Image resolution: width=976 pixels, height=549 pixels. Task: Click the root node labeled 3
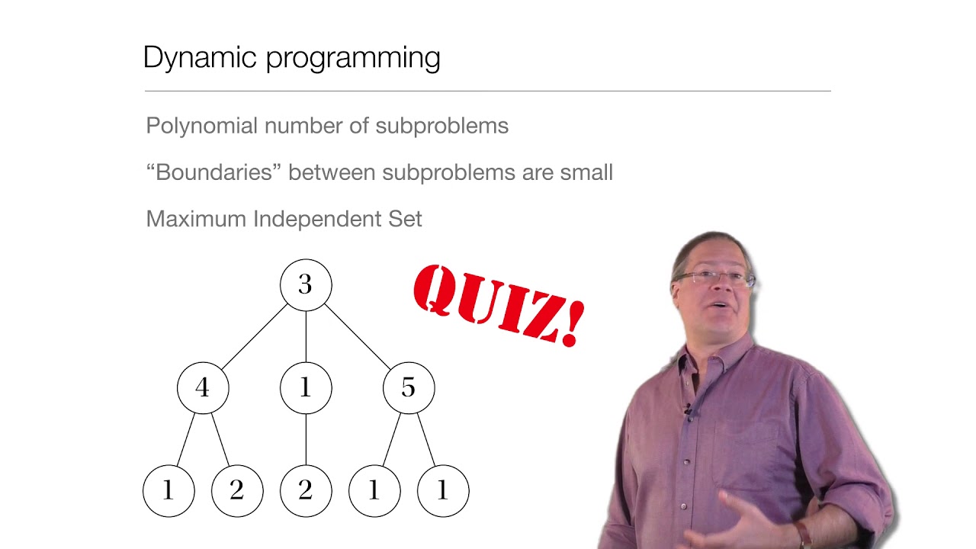(x=306, y=285)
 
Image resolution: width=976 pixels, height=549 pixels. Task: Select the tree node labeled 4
(x=203, y=388)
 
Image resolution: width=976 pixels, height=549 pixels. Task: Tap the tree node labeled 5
(x=409, y=388)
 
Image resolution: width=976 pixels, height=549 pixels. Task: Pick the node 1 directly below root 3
(x=306, y=388)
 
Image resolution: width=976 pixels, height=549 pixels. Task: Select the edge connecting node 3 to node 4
(x=255, y=336)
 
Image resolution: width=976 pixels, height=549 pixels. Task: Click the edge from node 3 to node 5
(x=357, y=336)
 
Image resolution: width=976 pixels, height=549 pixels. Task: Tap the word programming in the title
(x=353, y=59)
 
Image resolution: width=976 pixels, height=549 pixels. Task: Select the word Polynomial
(x=201, y=126)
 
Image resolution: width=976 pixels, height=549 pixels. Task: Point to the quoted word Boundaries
(x=213, y=172)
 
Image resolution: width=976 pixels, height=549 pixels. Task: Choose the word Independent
(x=319, y=219)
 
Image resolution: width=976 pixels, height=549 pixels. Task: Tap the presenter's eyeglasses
(x=714, y=278)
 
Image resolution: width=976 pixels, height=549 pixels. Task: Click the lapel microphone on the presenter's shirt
(x=688, y=410)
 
